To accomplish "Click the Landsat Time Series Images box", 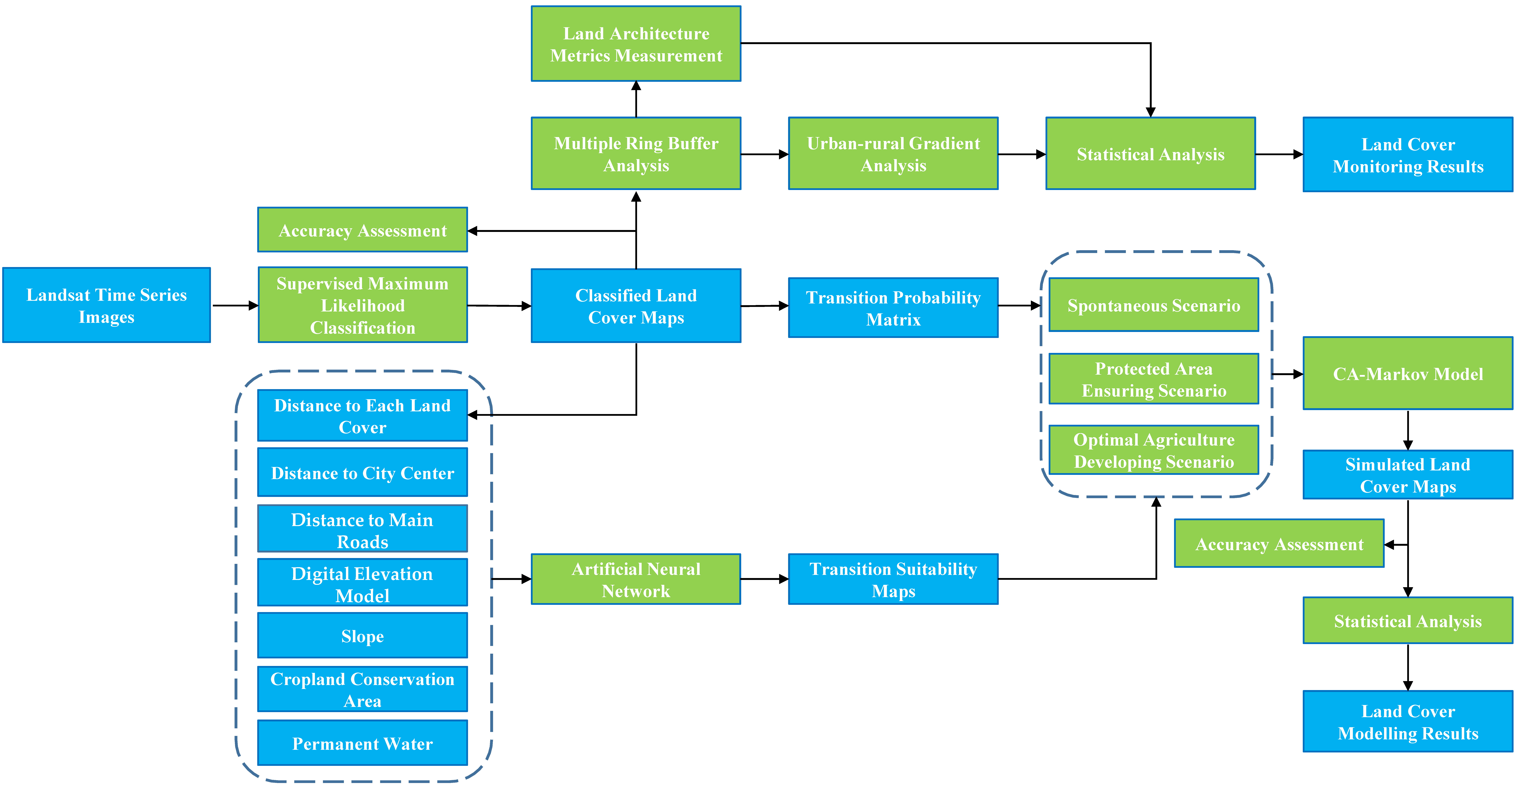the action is click(107, 305).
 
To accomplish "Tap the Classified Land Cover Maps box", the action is click(636, 306).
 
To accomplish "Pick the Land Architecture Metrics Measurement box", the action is click(636, 44).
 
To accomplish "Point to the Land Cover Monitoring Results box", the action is click(1408, 155).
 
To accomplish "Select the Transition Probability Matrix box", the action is click(893, 308).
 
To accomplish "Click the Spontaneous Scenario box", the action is click(1154, 305).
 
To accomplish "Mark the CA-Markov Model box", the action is click(1408, 374).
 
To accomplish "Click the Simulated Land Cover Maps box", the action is click(1408, 475).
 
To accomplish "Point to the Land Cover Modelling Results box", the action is click(1408, 722).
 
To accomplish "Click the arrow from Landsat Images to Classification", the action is click(235, 306).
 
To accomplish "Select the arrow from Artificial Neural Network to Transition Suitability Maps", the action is click(765, 579).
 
